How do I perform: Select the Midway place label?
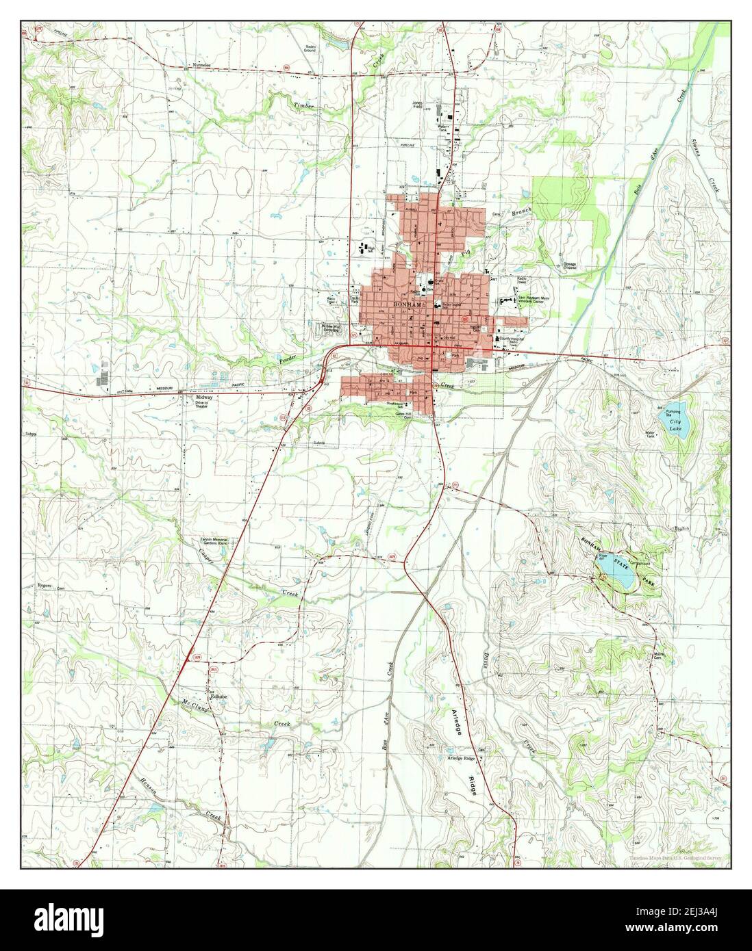point(204,397)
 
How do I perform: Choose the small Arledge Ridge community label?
point(460,759)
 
